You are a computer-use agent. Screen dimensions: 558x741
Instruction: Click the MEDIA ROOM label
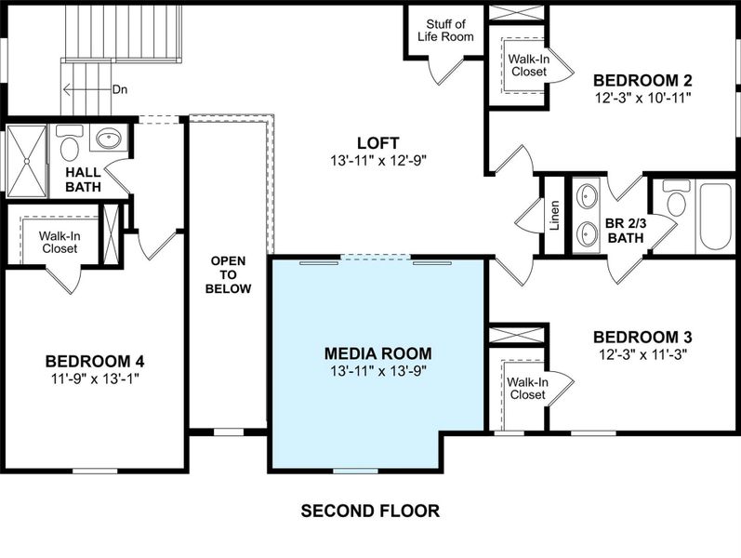[x=377, y=353]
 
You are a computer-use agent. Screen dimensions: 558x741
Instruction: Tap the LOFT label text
[x=377, y=142]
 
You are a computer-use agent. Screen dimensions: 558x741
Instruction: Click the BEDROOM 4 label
[x=95, y=361]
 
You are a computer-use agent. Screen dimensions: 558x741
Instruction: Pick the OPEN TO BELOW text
[x=230, y=274]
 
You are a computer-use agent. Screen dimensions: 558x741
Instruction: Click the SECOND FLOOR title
[x=369, y=511]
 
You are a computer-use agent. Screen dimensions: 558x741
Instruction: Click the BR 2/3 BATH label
[x=624, y=231]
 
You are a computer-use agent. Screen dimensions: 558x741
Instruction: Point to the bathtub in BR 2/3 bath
[x=715, y=216]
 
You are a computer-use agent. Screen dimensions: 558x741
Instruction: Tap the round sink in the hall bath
[x=110, y=140]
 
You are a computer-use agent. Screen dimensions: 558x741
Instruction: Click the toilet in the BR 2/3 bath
[x=674, y=200]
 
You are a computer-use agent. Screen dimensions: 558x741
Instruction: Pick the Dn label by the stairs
[x=119, y=90]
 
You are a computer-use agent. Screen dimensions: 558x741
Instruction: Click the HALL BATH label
[x=83, y=180]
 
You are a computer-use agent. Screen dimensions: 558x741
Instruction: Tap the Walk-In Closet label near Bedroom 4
[x=60, y=243]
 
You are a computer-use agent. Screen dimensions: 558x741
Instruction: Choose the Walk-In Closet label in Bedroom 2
[x=526, y=65]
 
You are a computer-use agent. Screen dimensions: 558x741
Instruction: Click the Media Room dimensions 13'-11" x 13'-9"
[x=377, y=371]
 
